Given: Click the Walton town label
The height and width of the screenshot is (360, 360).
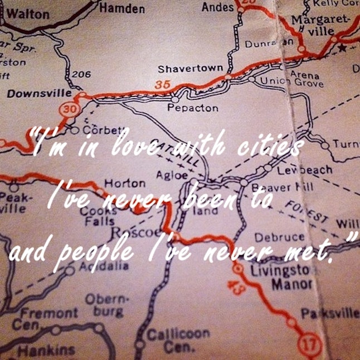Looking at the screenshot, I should coord(27,14).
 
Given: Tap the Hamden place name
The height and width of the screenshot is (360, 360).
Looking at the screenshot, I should coord(122,8).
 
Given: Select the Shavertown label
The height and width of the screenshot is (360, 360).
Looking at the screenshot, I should coord(190,69).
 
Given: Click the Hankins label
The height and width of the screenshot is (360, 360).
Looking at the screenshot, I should coord(46,350).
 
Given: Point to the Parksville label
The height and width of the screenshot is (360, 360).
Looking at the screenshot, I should coord(330,314).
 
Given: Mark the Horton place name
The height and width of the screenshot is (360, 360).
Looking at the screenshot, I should coord(125,183).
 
